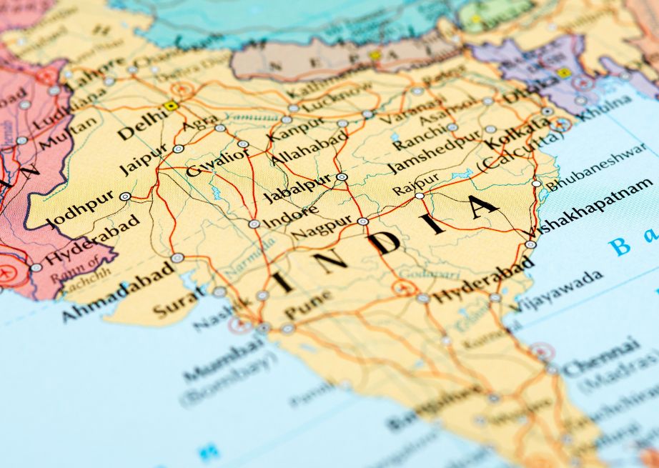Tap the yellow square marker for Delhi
(x=171, y=106)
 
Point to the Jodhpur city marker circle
(x=125, y=196)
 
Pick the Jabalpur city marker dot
(x=342, y=176)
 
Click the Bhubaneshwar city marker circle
(x=537, y=184)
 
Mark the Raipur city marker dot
(x=420, y=195)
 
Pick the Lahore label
(x=96, y=75)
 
